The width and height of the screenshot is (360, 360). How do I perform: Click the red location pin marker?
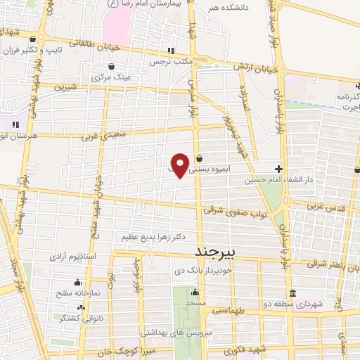[181, 165]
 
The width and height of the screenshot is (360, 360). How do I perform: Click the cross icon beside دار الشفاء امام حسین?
[279, 169]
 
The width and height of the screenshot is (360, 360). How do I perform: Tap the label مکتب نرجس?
[169, 62]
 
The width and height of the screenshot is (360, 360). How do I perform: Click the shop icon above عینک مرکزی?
[111, 65]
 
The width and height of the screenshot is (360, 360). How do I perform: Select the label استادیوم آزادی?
[69, 257]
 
